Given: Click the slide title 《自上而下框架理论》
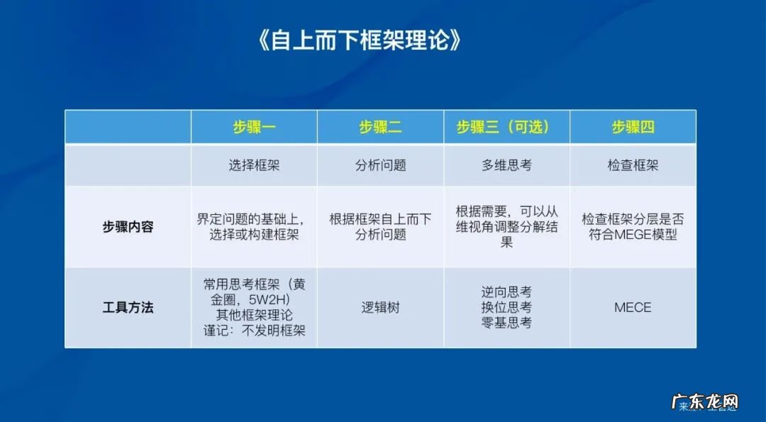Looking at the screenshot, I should click(360, 40).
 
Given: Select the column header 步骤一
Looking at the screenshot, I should click(254, 127).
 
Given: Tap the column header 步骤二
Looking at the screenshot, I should click(380, 127).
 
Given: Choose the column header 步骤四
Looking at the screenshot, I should click(633, 127).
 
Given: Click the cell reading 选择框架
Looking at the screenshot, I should click(254, 165).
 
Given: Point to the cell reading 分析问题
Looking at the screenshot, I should click(380, 165).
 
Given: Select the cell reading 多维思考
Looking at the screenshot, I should click(506, 165).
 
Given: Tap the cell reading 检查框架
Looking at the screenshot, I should click(633, 165).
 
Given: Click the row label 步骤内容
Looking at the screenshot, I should click(128, 228).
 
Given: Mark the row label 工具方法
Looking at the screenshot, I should click(128, 308).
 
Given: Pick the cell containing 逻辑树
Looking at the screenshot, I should click(380, 308).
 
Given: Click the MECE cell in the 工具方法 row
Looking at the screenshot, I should click(633, 308).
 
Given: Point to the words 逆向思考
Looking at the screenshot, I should click(506, 292).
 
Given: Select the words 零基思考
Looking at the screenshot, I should click(506, 323).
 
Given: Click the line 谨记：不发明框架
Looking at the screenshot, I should click(254, 331).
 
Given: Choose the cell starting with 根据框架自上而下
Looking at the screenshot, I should click(380, 227).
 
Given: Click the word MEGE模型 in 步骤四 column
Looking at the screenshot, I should click(652, 235).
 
